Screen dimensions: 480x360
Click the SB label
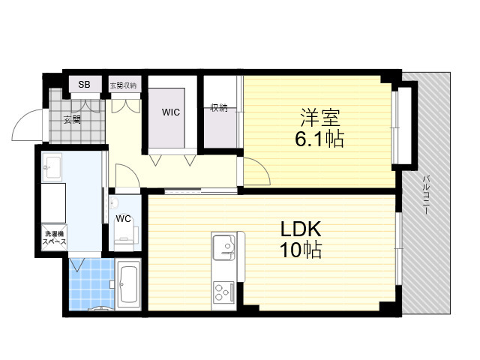click(x=84, y=84)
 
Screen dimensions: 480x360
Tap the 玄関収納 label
click(x=123, y=85)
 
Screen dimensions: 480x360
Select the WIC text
click(x=171, y=112)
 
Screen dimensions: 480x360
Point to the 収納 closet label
click(x=219, y=108)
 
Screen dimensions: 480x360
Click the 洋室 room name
click(x=320, y=118)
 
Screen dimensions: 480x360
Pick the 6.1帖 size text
click(x=319, y=139)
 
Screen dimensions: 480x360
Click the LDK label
click(x=301, y=229)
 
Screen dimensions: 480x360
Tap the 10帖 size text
click(x=300, y=250)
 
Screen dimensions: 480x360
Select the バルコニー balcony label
click(x=426, y=194)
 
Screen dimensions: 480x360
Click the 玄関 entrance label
click(x=72, y=119)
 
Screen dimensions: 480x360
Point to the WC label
click(x=123, y=219)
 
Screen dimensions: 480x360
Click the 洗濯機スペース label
click(x=55, y=238)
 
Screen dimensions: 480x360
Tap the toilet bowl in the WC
click(x=124, y=235)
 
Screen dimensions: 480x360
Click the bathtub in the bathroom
click(x=128, y=283)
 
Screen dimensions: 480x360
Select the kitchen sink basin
click(x=224, y=247)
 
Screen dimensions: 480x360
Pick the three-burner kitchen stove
click(x=223, y=292)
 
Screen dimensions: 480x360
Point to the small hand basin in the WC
click(x=114, y=202)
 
